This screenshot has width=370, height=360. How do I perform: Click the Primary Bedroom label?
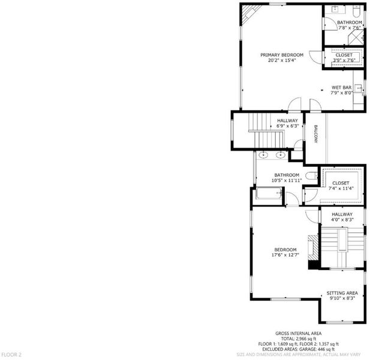click(x=282, y=55)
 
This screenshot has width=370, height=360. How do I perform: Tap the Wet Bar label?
click(x=341, y=88)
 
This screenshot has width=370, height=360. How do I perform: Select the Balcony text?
click(x=315, y=134)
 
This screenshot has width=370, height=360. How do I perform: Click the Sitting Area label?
click(x=342, y=293)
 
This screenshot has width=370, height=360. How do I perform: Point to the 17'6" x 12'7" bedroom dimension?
click(x=285, y=255)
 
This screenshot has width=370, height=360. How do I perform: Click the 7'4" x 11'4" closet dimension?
click(x=341, y=188)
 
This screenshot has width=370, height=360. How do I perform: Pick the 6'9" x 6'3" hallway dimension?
click(x=288, y=126)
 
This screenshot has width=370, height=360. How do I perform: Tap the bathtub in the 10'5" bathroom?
click(x=269, y=194)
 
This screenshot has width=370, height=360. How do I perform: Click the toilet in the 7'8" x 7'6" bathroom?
click(x=356, y=11)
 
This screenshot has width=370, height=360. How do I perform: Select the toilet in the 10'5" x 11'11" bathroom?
click(x=312, y=176)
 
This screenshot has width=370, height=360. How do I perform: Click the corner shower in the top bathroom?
click(x=356, y=38)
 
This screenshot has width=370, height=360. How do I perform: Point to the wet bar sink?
click(x=359, y=88)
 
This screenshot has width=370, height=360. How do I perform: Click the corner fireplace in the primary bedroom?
click(x=251, y=14)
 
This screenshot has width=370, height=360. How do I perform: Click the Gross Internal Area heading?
click(x=298, y=334)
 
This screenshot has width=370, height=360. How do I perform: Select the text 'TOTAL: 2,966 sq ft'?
click(x=299, y=339)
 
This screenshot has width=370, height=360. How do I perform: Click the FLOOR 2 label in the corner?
click(x=11, y=355)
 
